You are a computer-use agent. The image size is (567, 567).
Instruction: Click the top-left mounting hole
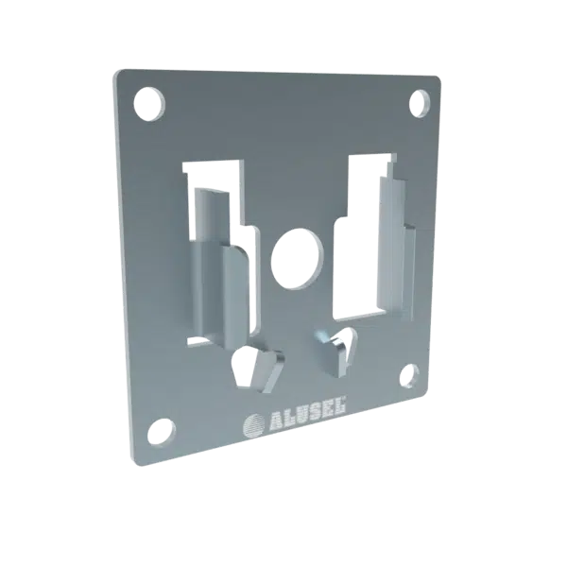coord(149,104)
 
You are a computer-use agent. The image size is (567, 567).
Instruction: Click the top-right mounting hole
coord(419,103)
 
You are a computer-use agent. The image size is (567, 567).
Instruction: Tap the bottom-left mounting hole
coord(162,433)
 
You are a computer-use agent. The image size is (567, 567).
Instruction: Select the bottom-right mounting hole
coord(409,376)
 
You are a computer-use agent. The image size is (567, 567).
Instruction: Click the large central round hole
coord(297,259)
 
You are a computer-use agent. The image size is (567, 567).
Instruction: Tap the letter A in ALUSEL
coord(276,420)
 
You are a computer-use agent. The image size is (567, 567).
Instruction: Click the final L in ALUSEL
coord(340,404)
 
